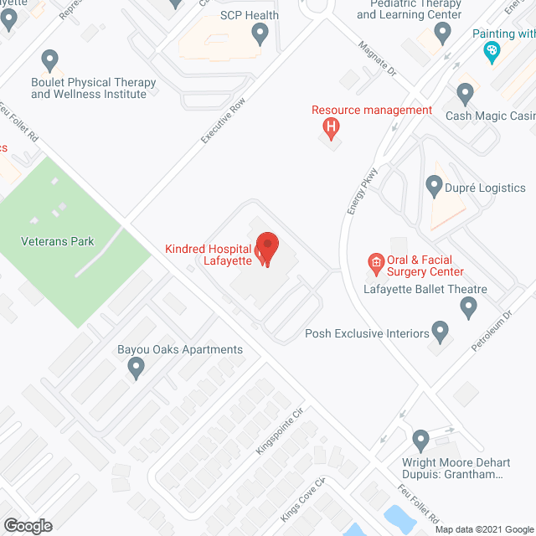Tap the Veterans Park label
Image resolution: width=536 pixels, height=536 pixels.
coord(58,242)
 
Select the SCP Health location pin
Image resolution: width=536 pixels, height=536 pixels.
coord(260,33)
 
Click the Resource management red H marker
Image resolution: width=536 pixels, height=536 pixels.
coord(332,128)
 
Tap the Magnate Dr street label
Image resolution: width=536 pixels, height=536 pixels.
coord(375,59)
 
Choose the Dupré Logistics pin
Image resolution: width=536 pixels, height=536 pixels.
coord(434,184)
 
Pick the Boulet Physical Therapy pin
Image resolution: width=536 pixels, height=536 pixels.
coord(49,60)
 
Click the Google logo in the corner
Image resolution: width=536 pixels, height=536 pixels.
coord(27,526)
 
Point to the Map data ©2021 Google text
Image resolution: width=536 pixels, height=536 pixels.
coord(483,529)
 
